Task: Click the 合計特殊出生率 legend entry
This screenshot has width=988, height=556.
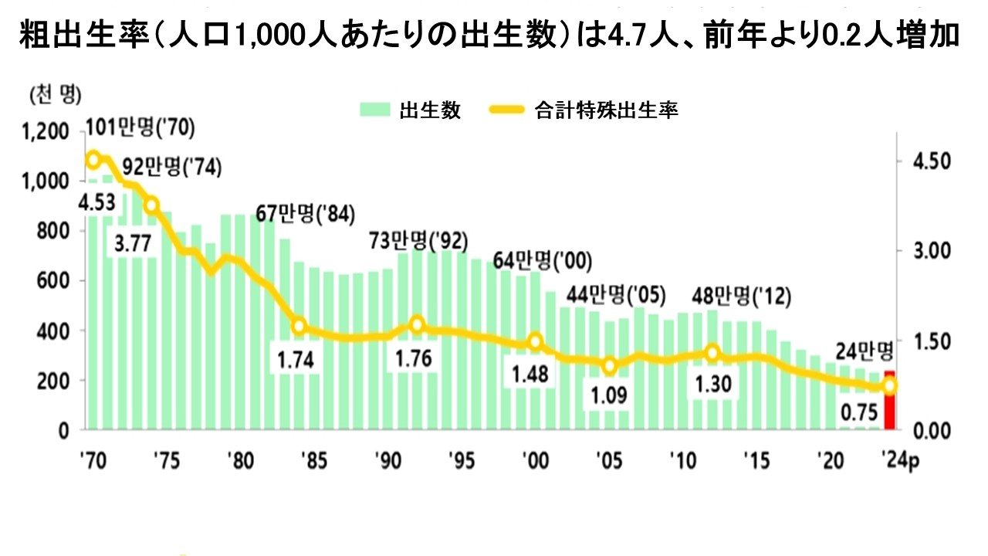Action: [x=584, y=110]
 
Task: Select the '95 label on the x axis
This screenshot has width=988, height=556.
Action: [x=461, y=461]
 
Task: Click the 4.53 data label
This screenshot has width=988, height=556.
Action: [x=96, y=203]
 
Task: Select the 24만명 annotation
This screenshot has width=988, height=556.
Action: [x=864, y=351]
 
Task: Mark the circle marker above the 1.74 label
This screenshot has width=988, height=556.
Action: [x=300, y=327]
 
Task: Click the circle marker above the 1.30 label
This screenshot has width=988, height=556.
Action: [x=712, y=353]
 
